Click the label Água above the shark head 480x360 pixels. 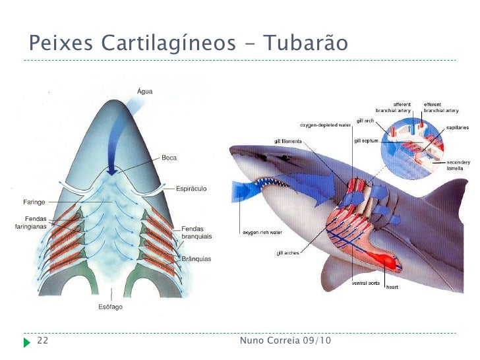click(144, 90)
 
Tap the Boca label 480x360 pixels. click(169, 158)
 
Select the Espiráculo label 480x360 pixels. click(191, 189)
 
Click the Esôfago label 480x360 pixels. click(110, 307)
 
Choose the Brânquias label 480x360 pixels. click(196, 259)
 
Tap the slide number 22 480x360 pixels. click(43, 341)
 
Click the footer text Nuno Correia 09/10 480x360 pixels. click(285, 341)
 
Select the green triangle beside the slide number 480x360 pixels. click(26, 342)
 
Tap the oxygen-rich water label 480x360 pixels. click(262, 232)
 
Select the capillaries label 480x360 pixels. click(458, 127)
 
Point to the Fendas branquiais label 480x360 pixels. click(193, 231)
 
